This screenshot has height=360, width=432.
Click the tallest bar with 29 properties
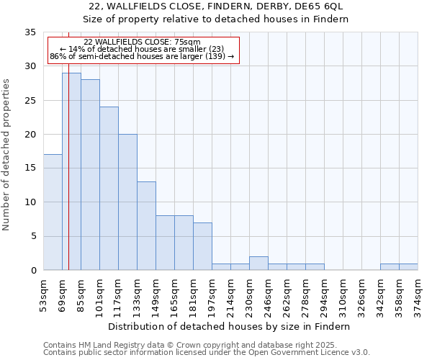tap(71, 171)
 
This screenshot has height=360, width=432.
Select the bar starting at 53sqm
tap(53, 212)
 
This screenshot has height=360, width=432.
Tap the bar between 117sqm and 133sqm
tap(127, 202)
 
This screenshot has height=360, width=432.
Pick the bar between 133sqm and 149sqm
tap(146, 226)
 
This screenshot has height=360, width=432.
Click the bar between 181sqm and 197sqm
tap(202, 246)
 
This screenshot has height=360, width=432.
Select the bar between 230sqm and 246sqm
tap(258, 264)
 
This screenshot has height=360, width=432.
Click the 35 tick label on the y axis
tap(30, 32)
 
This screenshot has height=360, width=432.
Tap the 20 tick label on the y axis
tap(30, 134)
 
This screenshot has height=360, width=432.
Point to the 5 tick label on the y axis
tap(33, 236)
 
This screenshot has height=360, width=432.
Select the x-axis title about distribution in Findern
tap(230, 326)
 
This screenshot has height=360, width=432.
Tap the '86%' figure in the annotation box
tap(58, 56)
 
